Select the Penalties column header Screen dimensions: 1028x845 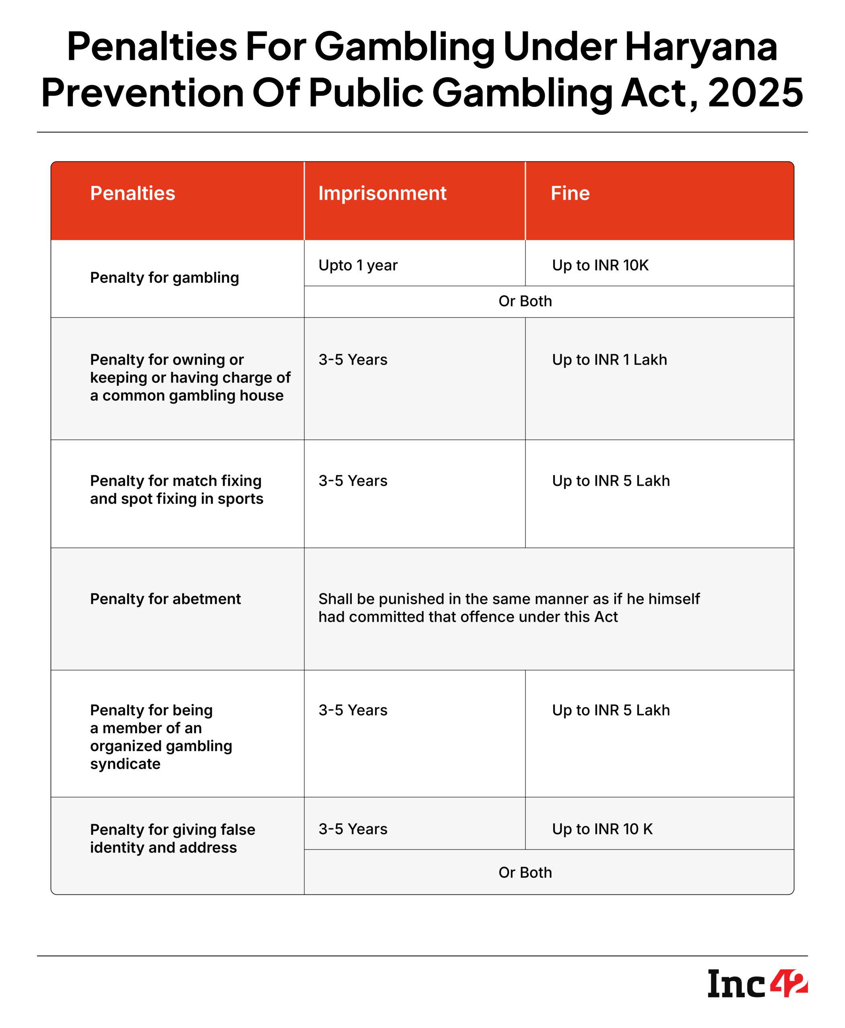[132, 194]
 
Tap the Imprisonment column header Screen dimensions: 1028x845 [382, 194]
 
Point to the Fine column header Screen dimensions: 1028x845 [570, 194]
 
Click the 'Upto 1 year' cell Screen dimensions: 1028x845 [358, 265]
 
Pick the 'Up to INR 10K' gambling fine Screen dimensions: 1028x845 [600, 265]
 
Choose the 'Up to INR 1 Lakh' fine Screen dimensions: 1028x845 [609, 360]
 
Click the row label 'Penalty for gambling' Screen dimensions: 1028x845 [164, 277]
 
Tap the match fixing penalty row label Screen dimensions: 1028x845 [176, 490]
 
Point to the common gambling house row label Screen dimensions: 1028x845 [190, 377]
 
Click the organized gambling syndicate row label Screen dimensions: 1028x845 [161, 737]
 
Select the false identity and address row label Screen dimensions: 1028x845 [172, 838]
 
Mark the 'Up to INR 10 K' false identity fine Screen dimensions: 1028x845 [602, 829]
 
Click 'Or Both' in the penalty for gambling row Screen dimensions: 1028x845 [525, 302]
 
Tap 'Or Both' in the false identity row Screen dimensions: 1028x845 [525, 873]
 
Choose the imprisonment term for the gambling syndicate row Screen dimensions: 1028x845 [353, 710]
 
